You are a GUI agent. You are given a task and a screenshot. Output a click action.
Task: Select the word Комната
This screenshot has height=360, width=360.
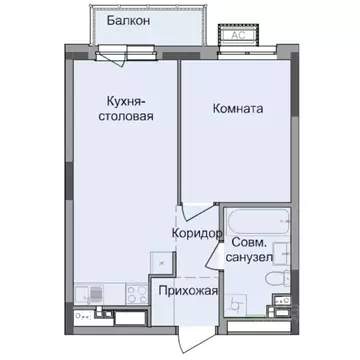tap(238, 109)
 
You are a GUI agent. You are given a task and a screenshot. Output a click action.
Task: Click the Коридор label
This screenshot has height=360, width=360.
tap(196, 232)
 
